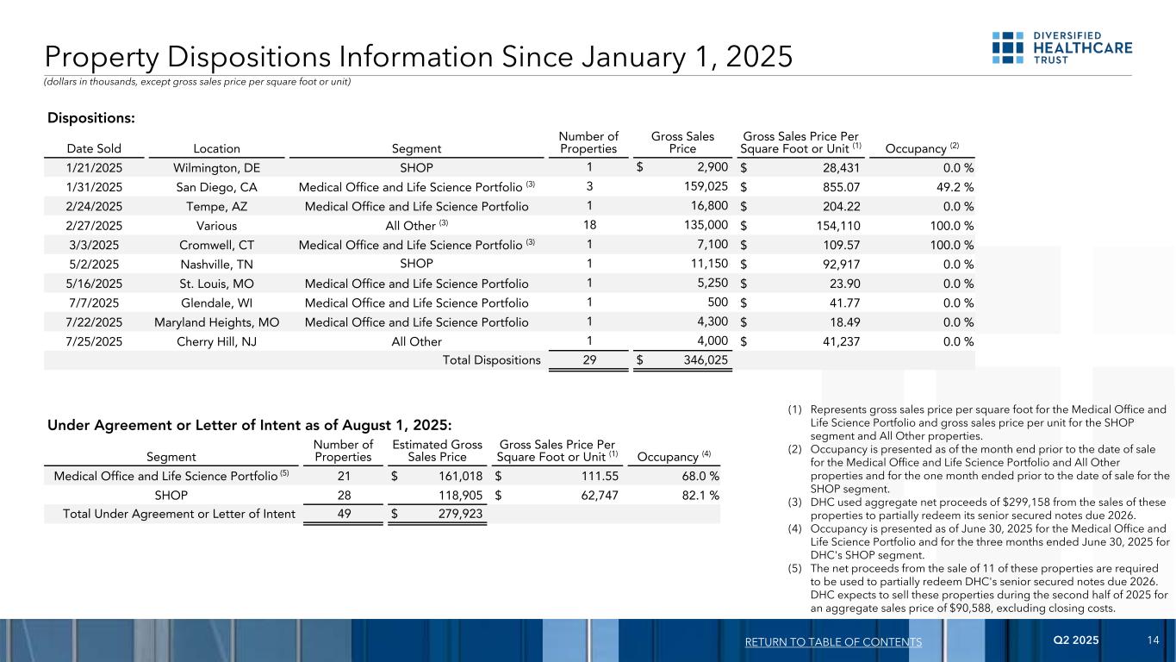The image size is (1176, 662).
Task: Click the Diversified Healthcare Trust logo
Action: (x=1061, y=47)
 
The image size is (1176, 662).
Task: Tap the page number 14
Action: (x=1154, y=640)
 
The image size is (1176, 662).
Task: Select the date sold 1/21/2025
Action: (x=84, y=167)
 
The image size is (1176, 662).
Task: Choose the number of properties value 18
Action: (x=588, y=224)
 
